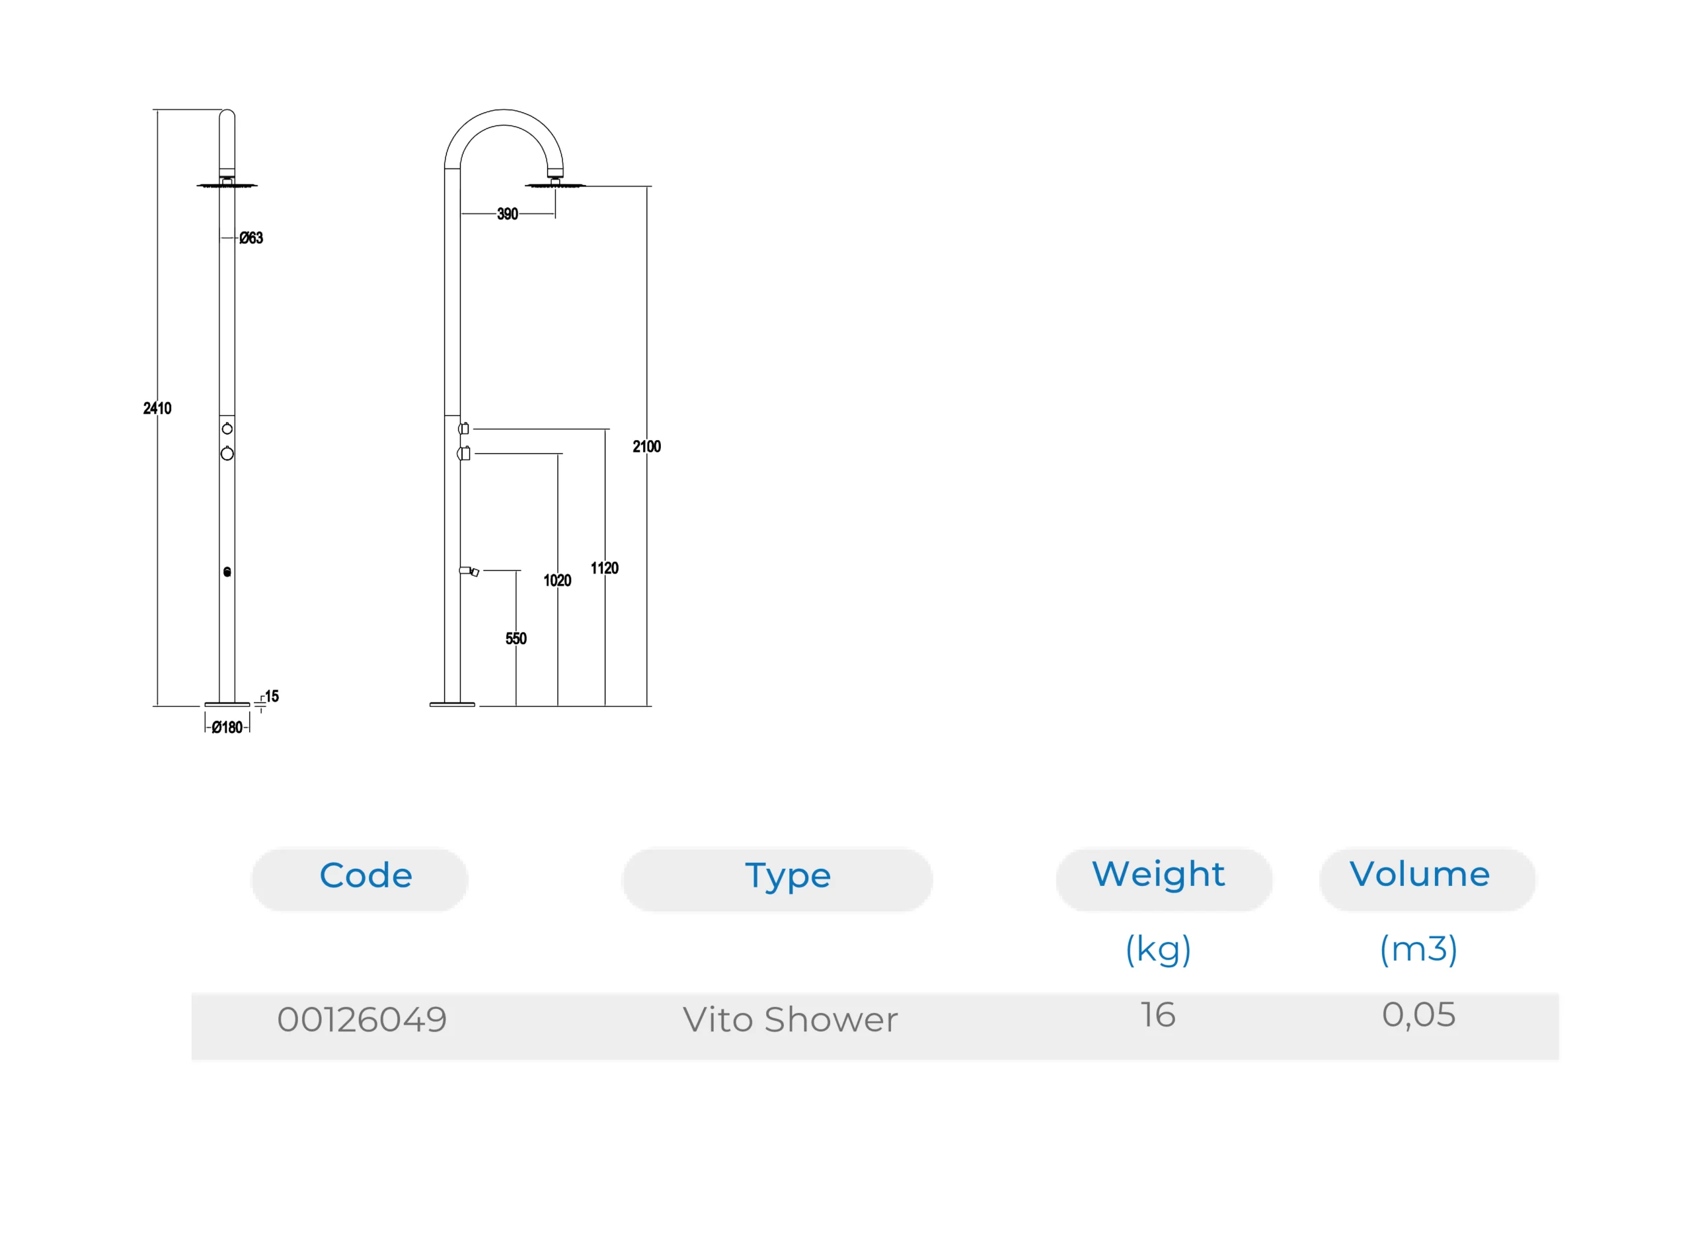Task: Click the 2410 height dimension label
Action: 157,408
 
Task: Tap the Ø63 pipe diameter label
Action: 251,238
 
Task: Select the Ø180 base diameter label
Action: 227,727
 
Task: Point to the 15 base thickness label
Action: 272,696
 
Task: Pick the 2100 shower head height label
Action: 646,446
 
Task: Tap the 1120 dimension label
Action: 605,568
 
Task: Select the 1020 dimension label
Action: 557,581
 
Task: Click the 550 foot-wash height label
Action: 516,639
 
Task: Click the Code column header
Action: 365,876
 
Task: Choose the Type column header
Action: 787,876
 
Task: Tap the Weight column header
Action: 1157,874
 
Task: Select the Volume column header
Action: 1419,874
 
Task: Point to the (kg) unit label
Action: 1157,949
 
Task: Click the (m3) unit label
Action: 1418,949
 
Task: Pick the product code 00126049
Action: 362,1019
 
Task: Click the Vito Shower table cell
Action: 790,1019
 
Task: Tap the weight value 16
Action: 1157,1015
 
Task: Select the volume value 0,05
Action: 1418,1015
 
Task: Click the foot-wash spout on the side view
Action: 469,571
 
